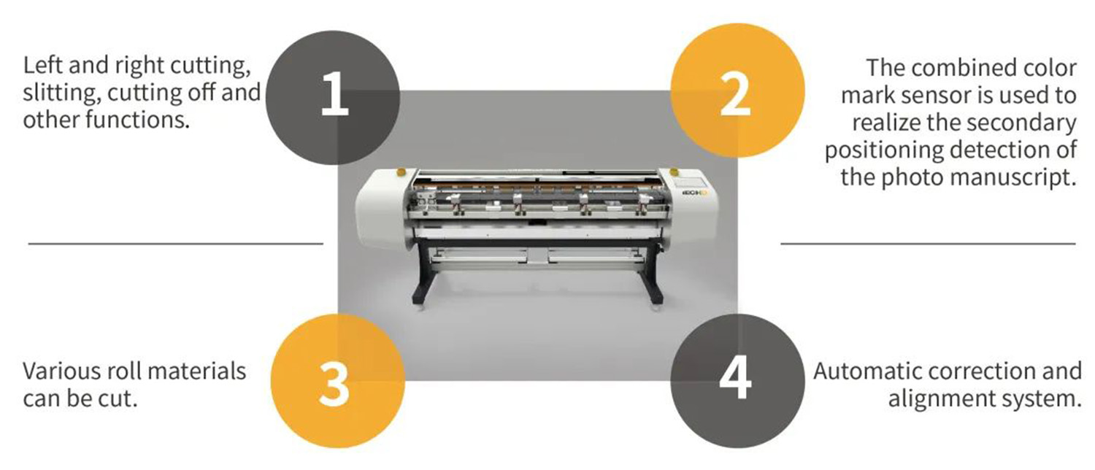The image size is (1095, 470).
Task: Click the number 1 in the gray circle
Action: [x=335, y=97]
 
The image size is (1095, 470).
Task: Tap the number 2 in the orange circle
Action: [x=735, y=96]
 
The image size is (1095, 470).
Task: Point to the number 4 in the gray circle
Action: [x=735, y=381]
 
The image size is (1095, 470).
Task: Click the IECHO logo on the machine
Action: [x=691, y=196]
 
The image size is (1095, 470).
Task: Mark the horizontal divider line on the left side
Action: [x=175, y=243]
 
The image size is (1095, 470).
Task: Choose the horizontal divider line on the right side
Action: [x=928, y=243]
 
